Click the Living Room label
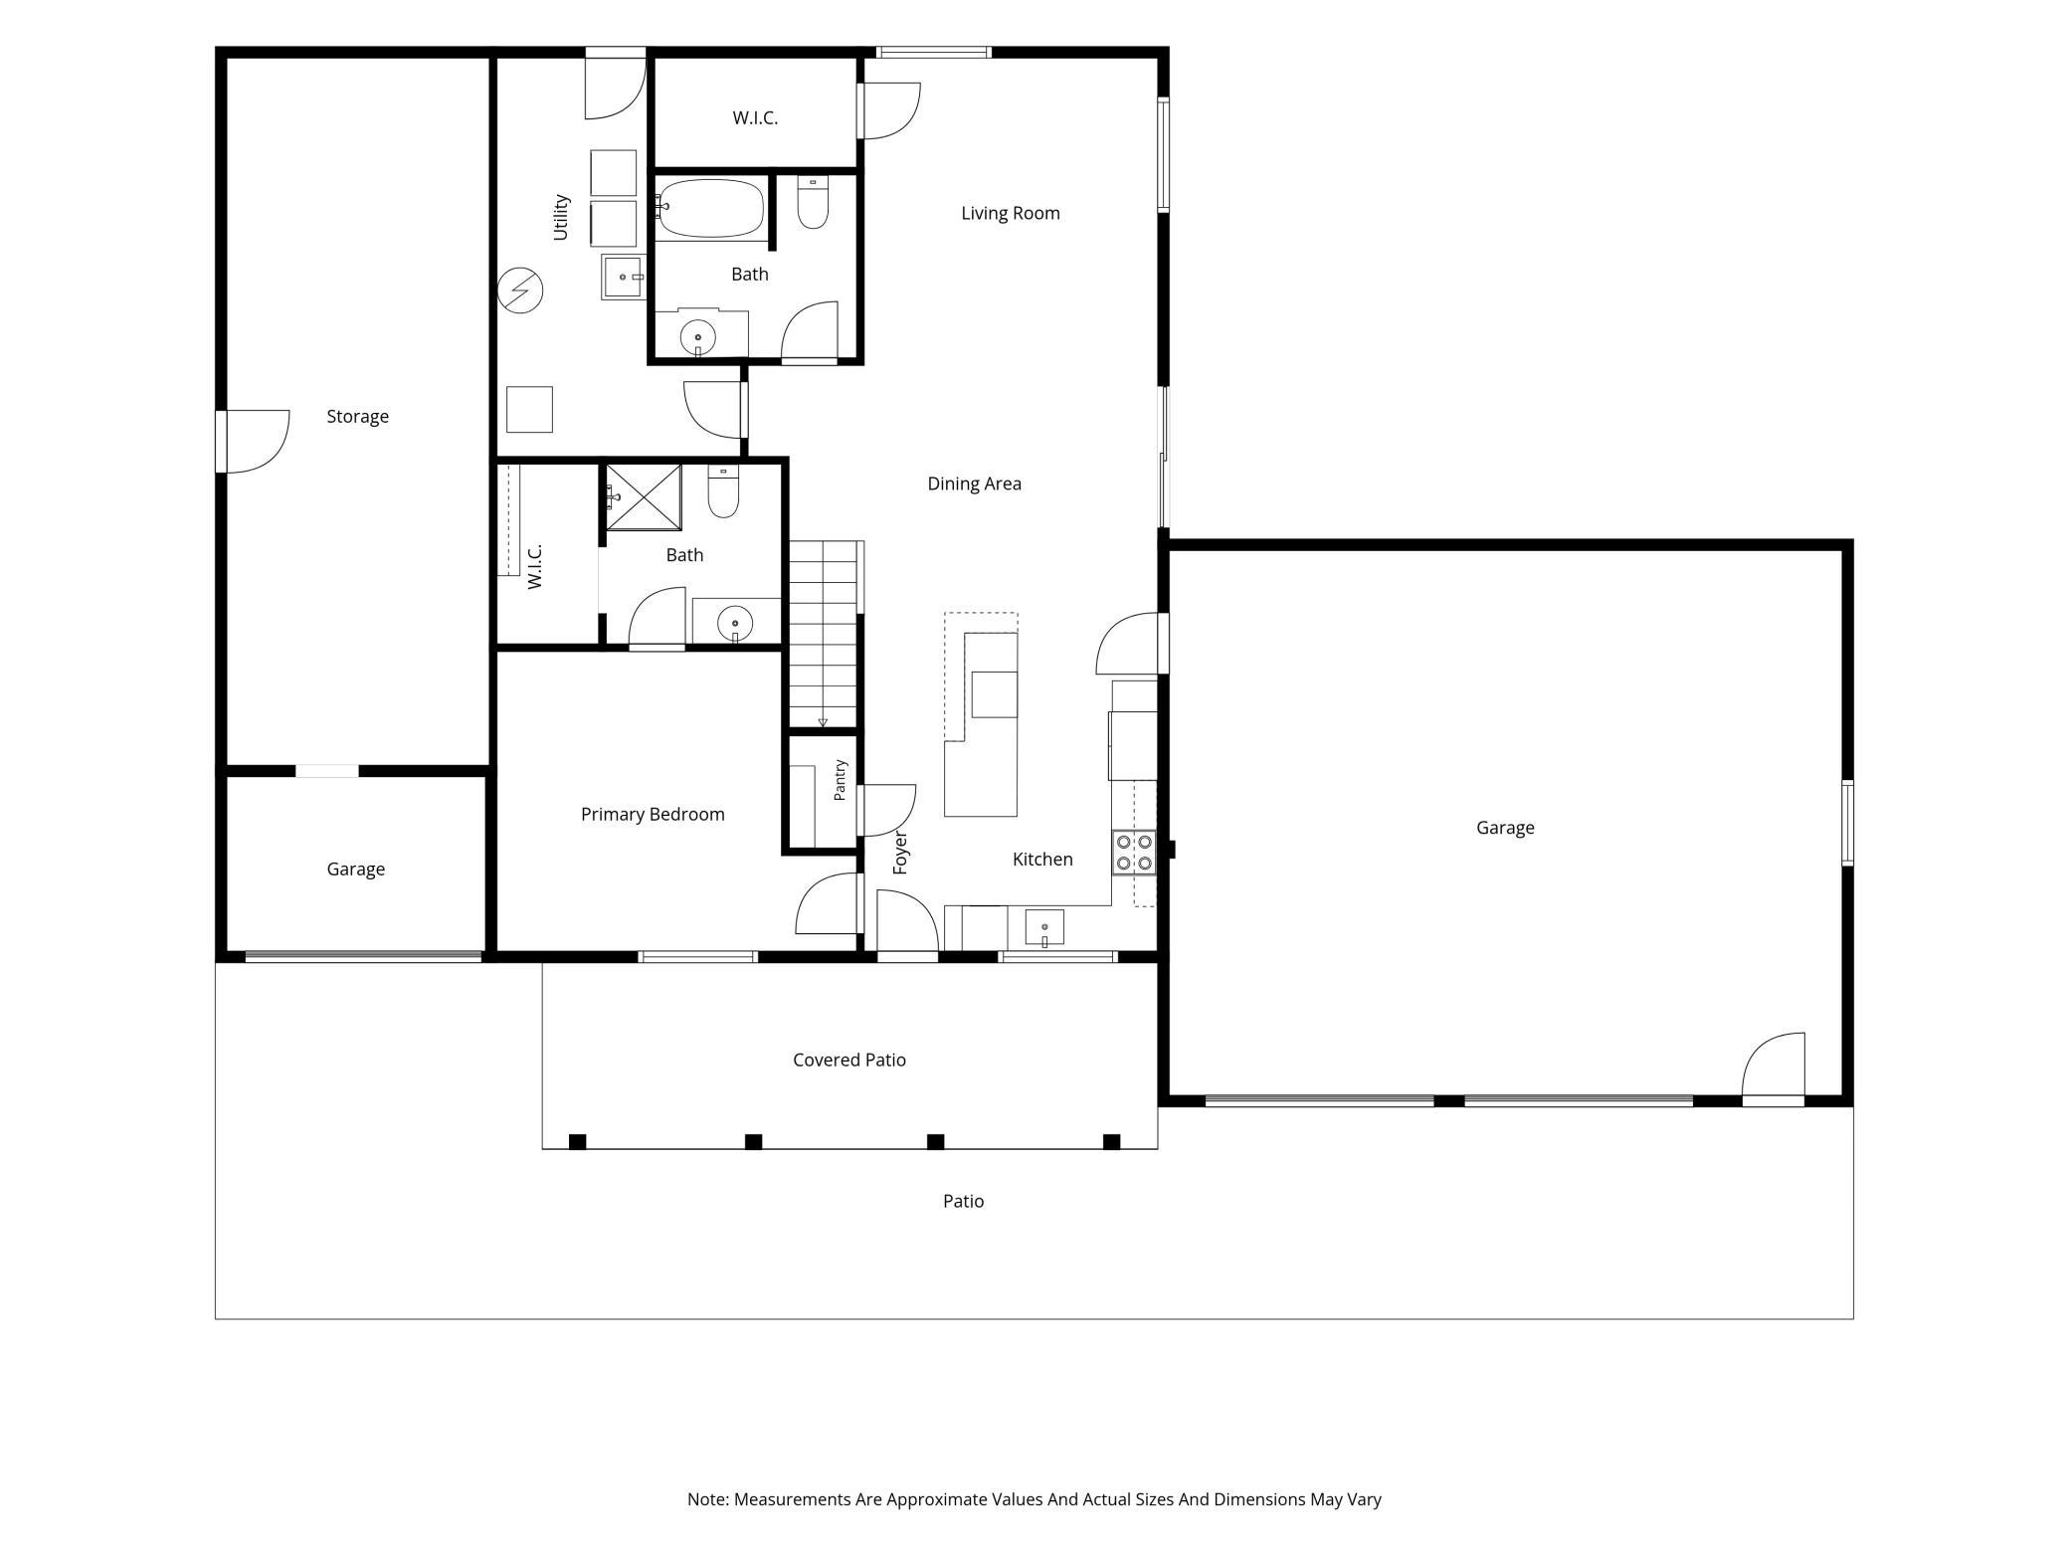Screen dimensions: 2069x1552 coord(1010,213)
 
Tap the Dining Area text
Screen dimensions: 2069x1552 coord(974,484)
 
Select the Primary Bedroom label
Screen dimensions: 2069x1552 coord(653,814)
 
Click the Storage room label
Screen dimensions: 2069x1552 coord(357,416)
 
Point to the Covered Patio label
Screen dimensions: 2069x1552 coord(848,1060)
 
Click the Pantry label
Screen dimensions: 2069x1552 coord(840,780)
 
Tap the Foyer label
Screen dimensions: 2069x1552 coord(900,853)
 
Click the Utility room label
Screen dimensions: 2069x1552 coord(561,217)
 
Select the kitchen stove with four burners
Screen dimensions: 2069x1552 coord(1134,853)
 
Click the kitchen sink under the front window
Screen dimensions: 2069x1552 coord(1044,928)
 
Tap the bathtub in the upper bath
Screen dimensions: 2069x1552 coord(710,208)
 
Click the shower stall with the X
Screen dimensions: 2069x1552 coord(644,497)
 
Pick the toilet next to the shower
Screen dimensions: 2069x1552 coord(723,491)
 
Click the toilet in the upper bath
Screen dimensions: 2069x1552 coord(813,203)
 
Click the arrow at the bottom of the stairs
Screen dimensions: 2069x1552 coord(823,721)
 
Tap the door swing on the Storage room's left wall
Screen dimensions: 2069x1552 coord(254,442)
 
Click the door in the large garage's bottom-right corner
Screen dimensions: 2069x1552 coord(1774,1068)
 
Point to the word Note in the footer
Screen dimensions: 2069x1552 coord(707,1499)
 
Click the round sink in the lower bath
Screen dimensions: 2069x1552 coord(735,624)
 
